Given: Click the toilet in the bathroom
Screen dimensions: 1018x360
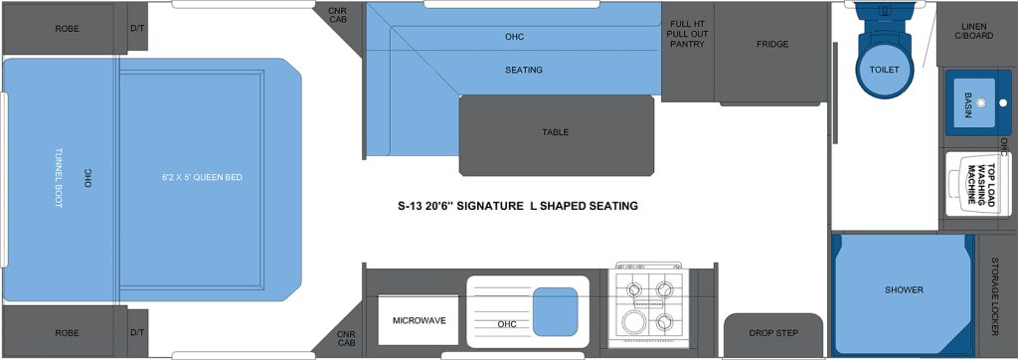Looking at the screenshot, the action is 883,65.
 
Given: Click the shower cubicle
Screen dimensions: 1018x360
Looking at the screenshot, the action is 903,290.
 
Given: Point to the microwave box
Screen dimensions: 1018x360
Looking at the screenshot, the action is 419,320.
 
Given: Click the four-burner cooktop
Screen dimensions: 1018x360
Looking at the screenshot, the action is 647,305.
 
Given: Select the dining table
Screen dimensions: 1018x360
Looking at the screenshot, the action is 556,133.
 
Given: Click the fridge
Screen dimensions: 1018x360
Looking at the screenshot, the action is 771,45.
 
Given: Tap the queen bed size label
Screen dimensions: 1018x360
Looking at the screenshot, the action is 203,178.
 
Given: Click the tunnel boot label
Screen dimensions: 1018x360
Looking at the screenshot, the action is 59,178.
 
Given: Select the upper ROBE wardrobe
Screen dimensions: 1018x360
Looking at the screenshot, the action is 68,29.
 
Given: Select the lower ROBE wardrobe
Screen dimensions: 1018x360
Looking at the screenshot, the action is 68,333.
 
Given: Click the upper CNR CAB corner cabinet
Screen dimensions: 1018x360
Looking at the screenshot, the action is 339,15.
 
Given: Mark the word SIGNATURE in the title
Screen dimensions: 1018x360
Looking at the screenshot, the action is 484,207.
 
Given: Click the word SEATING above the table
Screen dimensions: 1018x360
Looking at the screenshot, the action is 523,71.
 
